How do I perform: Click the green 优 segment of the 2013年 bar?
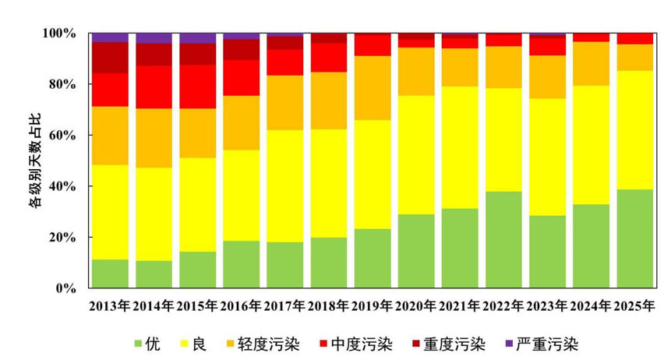[x=110, y=274]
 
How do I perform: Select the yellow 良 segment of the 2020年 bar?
[x=417, y=155]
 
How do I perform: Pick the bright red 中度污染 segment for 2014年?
[x=154, y=86]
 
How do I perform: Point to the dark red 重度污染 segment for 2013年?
[x=110, y=58]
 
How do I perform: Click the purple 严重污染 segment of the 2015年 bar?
[x=197, y=38]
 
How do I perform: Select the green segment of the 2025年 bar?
[x=635, y=238]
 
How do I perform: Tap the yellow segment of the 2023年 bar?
[x=548, y=157]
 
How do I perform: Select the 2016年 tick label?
[x=241, y=305]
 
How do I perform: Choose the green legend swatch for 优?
[x=139, y=344]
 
